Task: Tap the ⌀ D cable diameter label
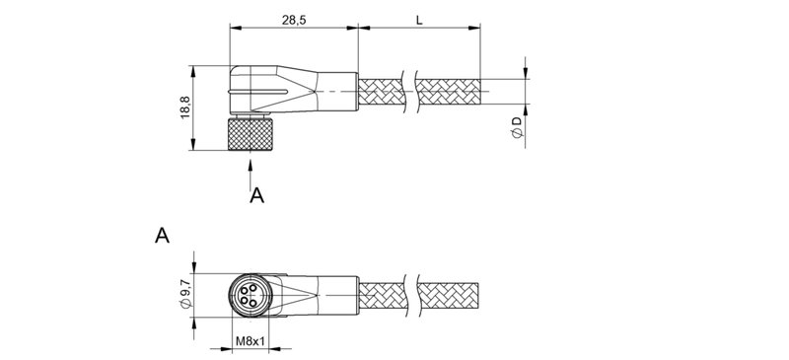coord(515,125)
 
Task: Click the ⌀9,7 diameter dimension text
coord(184,294)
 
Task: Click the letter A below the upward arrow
coord(256,195)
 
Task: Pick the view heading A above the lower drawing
coord(163,236)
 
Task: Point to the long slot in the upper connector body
coord(271,93)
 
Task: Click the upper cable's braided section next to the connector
coord(384,93)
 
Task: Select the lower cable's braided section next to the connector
coord(384,294)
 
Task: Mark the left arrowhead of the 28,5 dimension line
coord(234,27)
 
